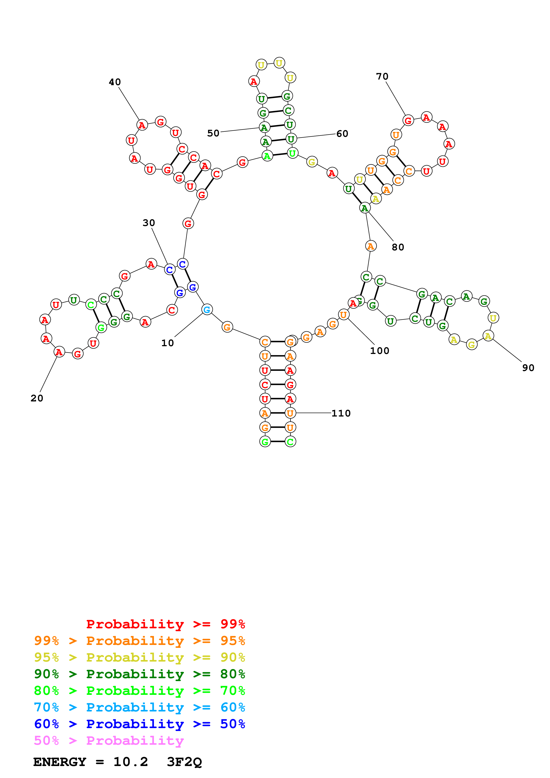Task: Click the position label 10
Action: pyautogui.click(x=168, y=343)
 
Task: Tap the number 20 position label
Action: pyautogui.click(x=37, y=398)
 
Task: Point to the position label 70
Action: pyautogui.click(x=382, y=77)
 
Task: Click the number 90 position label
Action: pyautogui.click(x=528, y=368)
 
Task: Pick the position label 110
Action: pyautogui.click(x=341, y=413)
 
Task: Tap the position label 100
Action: pyautogui.click(x=380, y=351)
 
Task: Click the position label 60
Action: pyautogui.click(x=342, y=134)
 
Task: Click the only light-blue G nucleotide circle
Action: pyautogui.click(x=207, y=309)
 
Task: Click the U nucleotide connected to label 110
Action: pyautogui.click(x=290, y=413)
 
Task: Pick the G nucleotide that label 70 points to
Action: pyautogui.click(x=408, y=120)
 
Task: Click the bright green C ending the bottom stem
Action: pyautogui.click(x=290, y=442)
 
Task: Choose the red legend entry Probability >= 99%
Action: pyautogui.click(x=165, y=624)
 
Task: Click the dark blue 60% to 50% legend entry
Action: pyautogui.click(x=140, y=724)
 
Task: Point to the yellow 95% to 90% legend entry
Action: pyautogui.click(x=140, y=657)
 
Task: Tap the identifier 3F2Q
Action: pyautogui.click(x=184, y=762)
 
